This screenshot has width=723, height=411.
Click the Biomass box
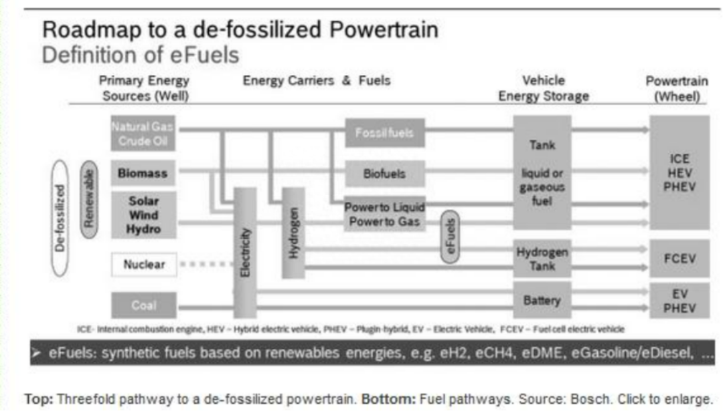tap(143, 173)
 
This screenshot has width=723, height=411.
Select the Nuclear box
tap(143, 265)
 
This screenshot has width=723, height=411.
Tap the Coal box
tap(143, 305)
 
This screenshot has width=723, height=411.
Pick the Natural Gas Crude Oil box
tap(143, 134)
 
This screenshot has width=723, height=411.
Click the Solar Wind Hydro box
tap(143, 215)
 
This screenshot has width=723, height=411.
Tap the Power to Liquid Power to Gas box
tap(384, 215)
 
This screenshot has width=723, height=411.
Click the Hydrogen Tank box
tap(542, 259)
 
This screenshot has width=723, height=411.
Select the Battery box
tap(542, 300)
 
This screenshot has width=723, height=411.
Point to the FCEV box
tap(679, 259)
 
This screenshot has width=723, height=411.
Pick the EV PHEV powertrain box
tap(679, 301)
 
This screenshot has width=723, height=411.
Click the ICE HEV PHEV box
tap(679, 172)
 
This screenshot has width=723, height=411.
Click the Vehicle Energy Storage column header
tap(543, 88)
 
